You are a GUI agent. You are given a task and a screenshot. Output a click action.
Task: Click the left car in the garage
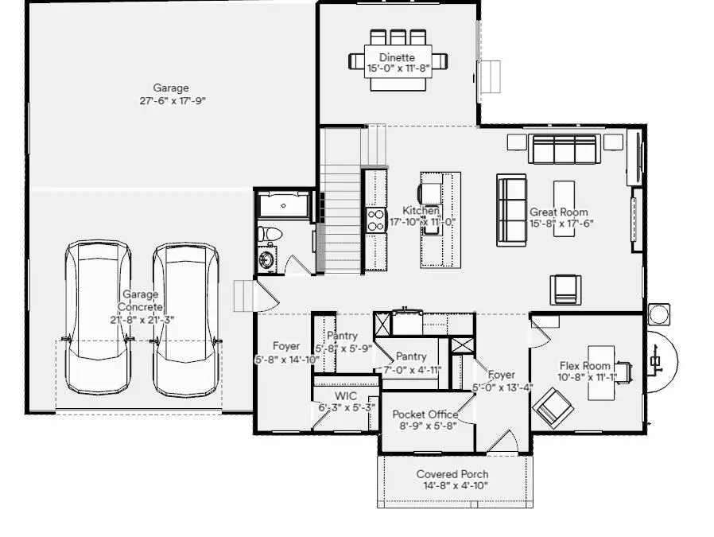pyautogui.click(x=97, y=318)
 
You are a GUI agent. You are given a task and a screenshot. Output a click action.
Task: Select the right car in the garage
pyautogui.click(x=186, y=318)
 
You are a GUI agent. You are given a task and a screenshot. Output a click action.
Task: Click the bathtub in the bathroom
pyautogui.click(x=283, y=204)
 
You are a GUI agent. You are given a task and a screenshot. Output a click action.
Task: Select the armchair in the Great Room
pyautogui.click(x=567, y=288)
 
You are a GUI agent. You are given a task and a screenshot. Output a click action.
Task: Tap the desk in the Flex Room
pyautogui.click(x=600, y=369)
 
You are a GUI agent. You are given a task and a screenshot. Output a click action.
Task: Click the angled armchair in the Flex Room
pyautogui.click(x=553, y=409)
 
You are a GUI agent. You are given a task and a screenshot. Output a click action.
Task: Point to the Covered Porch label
pyautogui.click(x=452, y=474)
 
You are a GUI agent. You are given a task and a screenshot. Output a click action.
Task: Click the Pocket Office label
pyautogui.click(x=425, y=414)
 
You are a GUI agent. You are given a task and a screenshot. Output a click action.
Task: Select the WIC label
pyautogui.click(x=345, y=395)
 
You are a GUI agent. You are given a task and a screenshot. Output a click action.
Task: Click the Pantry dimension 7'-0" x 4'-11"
pyautogui.click(x=411, y=370)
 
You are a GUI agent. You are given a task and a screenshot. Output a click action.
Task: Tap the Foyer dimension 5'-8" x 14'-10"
pyautogui.click(x=286, y=360)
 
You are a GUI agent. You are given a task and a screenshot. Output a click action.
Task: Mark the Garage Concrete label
pyautogui.click(x=141, y=301)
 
